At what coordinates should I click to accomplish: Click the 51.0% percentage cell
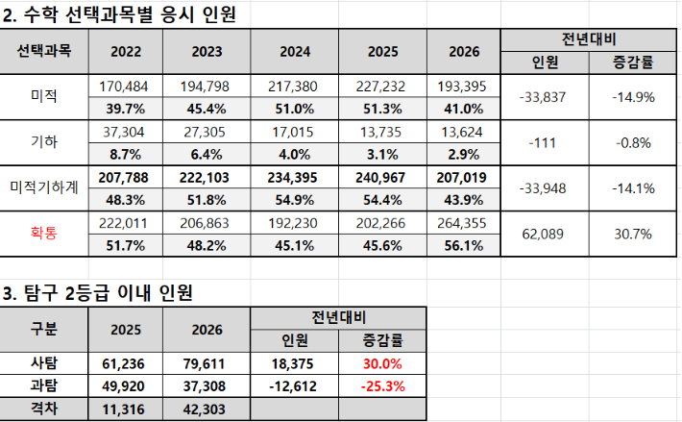(x=295, y=109)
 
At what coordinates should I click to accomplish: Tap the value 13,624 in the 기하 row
(x=462, y=132)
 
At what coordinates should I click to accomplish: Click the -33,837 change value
(x=543, y=96)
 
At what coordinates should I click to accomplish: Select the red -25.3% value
(x=380, y=385)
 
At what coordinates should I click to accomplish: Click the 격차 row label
(x=44, y=408)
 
